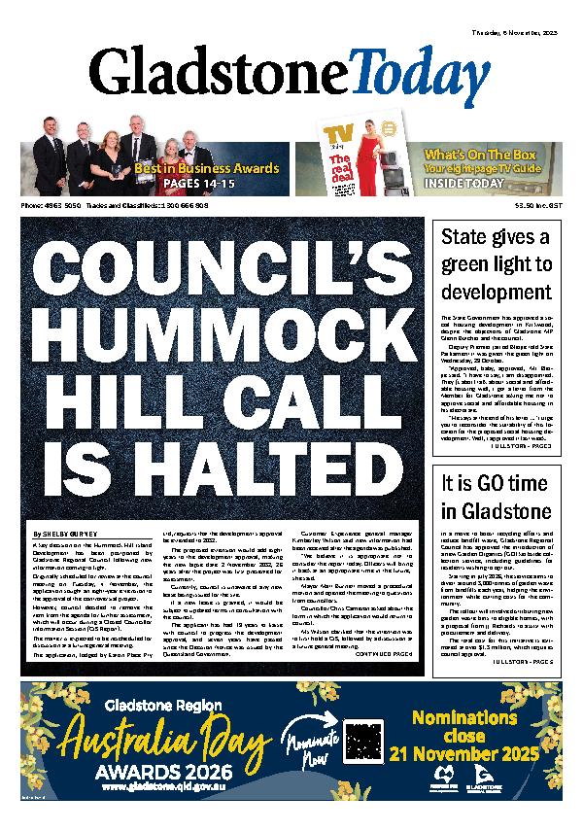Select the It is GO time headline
point(496,497)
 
